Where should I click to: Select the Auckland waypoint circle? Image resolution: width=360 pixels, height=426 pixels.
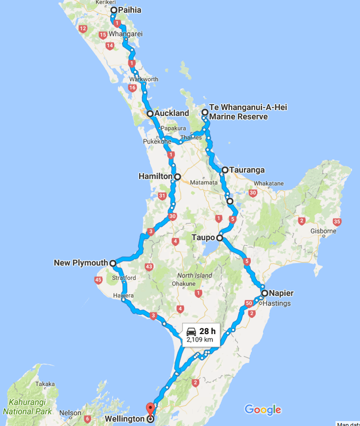click(x=150, y=114)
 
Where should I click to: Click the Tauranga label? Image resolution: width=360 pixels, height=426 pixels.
click(x=247, y=170)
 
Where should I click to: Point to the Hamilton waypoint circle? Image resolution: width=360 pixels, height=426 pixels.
click(x=177, y=176)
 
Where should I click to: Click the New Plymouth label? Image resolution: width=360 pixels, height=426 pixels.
click(x=80, y=263)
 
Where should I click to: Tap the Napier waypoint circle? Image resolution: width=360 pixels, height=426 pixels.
click(x=265, y=293)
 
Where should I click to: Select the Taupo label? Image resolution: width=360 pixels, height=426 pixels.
click(x=203, y=238)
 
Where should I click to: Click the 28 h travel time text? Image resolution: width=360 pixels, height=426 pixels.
click(x=207, y=331)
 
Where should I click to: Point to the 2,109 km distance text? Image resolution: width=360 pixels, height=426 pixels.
click(x=199, y=340)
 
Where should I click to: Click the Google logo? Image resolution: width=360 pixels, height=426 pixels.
click(x=263, y=409)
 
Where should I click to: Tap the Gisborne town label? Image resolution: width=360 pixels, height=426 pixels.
click(x=323, y=231)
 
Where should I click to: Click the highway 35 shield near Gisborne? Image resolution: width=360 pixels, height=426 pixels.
click(x=337, y=222)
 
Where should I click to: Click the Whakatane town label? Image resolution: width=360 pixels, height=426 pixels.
click(x=269, y=183)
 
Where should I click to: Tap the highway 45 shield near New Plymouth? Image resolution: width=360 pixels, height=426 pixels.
click(x=98, y=280)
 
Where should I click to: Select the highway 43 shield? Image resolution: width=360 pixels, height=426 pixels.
click(x=150, y=266)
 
